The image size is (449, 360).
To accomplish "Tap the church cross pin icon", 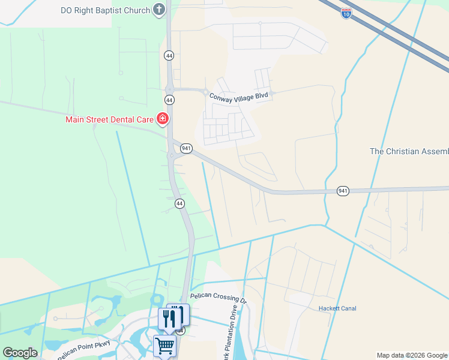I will pyautogui.click(x=159, y=10).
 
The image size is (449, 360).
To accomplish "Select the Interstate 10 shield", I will pyautogui.click(x=346, y=13).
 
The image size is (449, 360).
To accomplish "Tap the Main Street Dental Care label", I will pyautogui.click(x=110, y=119).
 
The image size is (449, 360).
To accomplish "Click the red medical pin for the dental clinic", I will pyautogui.click(x=162, y=119).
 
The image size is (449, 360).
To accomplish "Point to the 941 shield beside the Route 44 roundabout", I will pyautogui.click(x=185, y=148).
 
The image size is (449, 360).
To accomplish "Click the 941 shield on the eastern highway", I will pyautogui.click(x=343, y=191).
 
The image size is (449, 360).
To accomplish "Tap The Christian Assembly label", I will pyautogui.click(x=409, y=151).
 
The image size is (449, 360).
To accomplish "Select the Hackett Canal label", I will pyautogui.click(x=337, y=308).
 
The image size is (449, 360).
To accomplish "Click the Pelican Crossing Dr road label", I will pyautogui.click(x=218, y=297).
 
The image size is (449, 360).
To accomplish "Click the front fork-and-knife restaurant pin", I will pyautogui.click(x=169, y=318).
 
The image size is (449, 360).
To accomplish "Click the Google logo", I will pyautogui.click(x=20, y=353).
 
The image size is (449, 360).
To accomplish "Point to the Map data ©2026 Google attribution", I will pyautogui.click(x=412, y=355).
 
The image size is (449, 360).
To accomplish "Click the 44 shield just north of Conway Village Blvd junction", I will pyautogui.click(x=169, y=55).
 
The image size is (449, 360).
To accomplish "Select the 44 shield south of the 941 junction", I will pyautogui.click(x=179, y=204).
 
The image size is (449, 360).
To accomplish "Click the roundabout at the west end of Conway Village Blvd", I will pyautogui.click(x=206, y=92).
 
